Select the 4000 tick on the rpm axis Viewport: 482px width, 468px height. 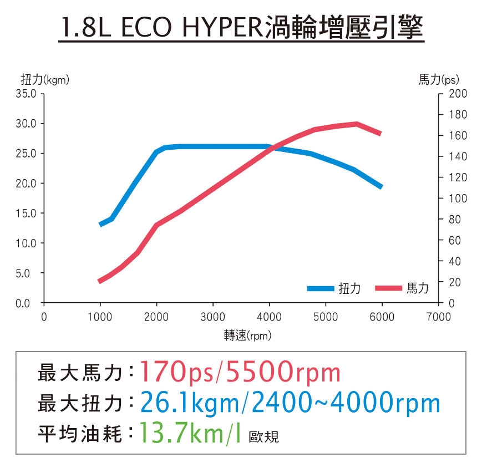pyautogui.click(x=269, y=317)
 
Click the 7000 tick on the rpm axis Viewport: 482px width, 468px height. pyautogui.click(x=438, y=317)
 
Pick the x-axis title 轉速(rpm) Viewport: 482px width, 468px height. pyautogui.click(x=247, y=335)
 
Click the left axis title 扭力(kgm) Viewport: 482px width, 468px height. pyautogui.click(x=49, y=80)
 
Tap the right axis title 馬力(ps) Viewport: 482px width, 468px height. pyautogui.click(x=439, y=80)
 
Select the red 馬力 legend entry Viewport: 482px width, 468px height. pyautogui.click(x=402, y=288)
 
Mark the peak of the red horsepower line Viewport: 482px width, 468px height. pyautogui.click(x=356, y=124)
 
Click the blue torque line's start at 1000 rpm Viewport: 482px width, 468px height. pyautogui.click(x=100, y=224)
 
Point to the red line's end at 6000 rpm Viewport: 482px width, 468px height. pyautogui.click(x=380, y=134)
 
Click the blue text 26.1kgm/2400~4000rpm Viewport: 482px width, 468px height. pyautogui.click(x=290, y=403)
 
